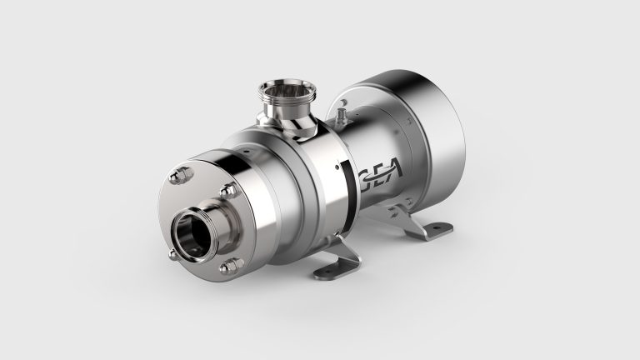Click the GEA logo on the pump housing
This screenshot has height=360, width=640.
380,177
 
